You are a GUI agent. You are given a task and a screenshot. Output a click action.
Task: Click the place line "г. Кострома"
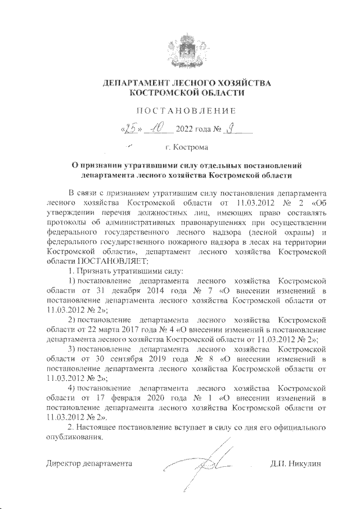tap(186, 147)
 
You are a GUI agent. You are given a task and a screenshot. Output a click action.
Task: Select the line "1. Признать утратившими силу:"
tap(120, 271)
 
